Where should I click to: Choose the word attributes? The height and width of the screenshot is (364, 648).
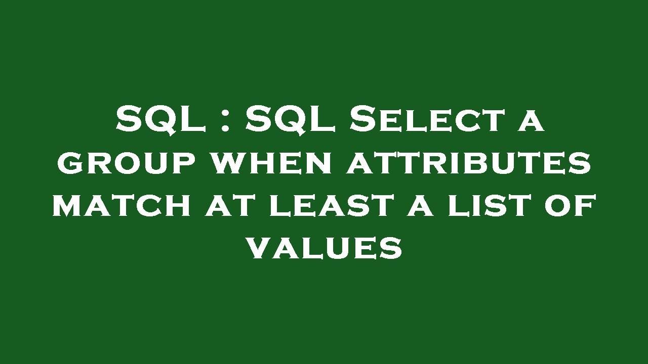click(468, 163)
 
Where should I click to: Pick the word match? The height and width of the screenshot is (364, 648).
click(122, 206)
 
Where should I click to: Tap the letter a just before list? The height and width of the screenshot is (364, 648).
click(419, 206)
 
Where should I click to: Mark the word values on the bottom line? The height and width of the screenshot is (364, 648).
click(324, 248)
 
